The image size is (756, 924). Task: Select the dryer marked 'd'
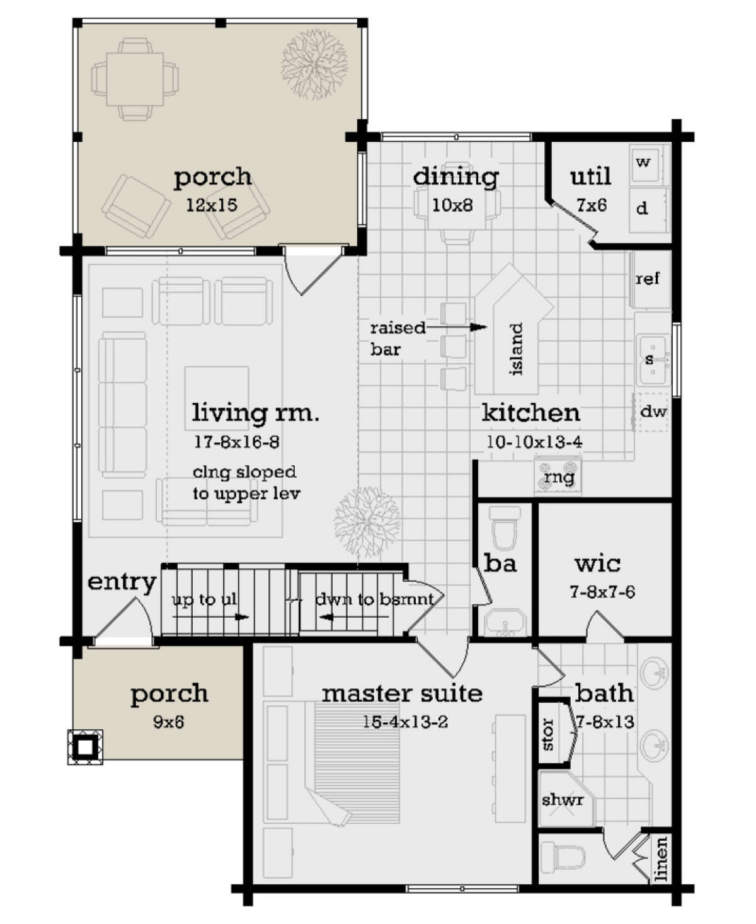pos(644,207)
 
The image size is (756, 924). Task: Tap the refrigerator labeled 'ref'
pos(648,279)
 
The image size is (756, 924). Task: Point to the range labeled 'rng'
pos(559,477)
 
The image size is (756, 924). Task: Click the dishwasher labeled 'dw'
pos(653,412)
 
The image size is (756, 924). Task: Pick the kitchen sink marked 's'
pos(650,360)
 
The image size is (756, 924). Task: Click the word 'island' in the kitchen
pos(516,350)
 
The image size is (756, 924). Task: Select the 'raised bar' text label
pos(397,338)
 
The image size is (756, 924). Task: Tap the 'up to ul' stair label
pos(205,599)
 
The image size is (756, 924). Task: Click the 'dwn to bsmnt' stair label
pos(374,599)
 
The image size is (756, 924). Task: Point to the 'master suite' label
pos(402,694)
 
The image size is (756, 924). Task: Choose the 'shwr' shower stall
pos(563,800)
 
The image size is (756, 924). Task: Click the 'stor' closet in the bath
pos(548,735)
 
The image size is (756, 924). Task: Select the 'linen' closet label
pos(660,859)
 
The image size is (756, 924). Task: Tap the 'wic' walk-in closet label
pos(597,563)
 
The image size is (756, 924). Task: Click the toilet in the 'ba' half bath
pos(505,528)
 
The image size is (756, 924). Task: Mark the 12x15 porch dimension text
pos(212,205)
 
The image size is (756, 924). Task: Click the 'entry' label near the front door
pos(122,582)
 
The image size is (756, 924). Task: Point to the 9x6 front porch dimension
pos(169,722)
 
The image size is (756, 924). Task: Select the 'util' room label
pos(590,176)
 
